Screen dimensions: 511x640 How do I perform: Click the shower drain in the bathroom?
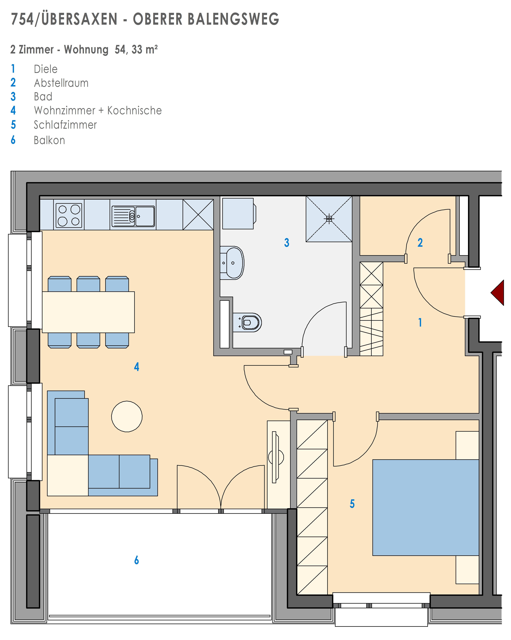(329, 219)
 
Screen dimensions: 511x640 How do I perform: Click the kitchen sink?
(133, 216)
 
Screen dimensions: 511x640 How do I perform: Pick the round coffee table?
(127, 417)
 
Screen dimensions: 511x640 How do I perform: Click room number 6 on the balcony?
(137, 560)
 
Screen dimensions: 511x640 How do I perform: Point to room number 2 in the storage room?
(420, 243)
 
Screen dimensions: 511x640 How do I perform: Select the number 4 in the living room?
(137, 367)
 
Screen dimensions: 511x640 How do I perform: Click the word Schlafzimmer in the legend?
(65, 125)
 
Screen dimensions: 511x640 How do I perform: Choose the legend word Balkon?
(49, 140)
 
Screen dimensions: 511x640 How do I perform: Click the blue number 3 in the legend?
(13, 97)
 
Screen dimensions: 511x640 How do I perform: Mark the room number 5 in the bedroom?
(352, 504)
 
